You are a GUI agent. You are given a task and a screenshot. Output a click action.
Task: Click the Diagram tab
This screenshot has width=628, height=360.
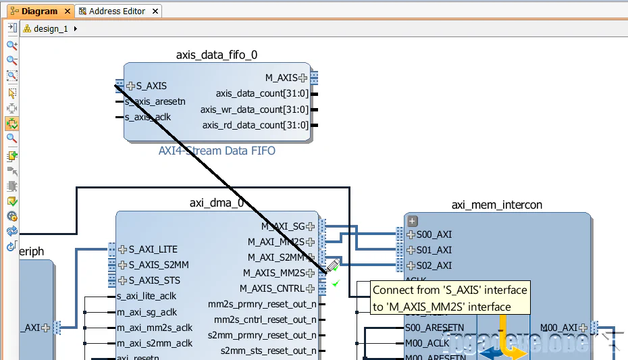(x=38, y=11)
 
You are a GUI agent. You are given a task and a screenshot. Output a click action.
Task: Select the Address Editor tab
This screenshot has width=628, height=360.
(x=116, y=11)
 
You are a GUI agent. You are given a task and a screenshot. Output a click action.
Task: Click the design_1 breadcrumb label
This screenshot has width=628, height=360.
(x=51, y=29)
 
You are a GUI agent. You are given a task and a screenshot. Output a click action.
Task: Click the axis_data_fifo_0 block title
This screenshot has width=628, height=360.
(x=216, y=55)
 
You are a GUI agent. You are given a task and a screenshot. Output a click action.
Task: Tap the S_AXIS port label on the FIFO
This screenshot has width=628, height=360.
(x=151, y=86)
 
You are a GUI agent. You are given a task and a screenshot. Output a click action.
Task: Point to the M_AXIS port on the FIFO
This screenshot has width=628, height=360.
(x=280, y=78)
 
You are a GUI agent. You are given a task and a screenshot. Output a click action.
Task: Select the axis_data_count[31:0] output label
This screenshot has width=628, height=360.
(x=262, y=94)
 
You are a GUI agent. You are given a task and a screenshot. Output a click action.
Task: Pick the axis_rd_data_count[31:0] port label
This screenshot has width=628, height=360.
(x=255, y=125)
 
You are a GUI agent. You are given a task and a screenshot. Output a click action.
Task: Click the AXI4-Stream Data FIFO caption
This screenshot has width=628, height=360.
(x=217, y=151)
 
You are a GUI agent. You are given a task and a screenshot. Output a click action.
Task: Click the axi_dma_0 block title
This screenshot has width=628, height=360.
(x=217, y=203)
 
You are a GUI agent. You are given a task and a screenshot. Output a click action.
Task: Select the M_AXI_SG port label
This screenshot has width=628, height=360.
(x=283, y=226)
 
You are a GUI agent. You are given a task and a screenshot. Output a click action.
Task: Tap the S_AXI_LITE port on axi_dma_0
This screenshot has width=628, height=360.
(x=153, y=249)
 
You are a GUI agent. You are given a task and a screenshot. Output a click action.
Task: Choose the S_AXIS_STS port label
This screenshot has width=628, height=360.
(x=154, y=280)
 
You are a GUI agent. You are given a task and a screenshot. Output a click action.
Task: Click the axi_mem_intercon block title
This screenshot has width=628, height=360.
(x=497, y=205)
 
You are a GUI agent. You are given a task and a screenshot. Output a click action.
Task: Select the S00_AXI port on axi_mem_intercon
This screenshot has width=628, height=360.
(x=434, y=234)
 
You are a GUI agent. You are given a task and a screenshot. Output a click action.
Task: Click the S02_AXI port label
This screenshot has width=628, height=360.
(x=434, y=265)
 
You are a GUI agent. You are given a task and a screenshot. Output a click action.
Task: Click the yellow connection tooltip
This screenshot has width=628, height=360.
(x=450, y=298)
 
